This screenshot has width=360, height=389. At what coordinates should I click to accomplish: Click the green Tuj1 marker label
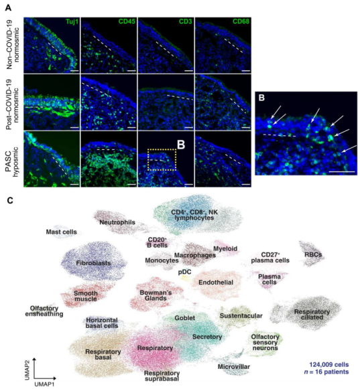(72, 21)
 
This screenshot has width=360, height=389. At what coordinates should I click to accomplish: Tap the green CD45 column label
(127, 21)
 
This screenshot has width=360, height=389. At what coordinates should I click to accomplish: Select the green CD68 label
(241, 21)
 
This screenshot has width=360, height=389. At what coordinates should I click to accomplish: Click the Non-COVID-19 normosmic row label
(13, 48)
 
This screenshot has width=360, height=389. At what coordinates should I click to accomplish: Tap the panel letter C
(10, 200)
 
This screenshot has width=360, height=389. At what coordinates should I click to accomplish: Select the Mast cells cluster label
(62, 232)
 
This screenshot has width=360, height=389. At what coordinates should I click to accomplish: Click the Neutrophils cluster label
(117, 222)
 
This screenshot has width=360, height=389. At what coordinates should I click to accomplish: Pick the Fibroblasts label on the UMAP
(93, 263)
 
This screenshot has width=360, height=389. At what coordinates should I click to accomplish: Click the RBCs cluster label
(313, 254)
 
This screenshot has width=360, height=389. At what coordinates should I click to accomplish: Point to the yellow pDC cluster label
(185, 272)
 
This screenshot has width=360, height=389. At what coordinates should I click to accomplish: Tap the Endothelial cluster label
(216, 283)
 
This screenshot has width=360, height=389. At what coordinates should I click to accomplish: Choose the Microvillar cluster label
(234, 367)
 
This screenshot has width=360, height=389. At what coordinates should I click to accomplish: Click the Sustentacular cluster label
(241, 316)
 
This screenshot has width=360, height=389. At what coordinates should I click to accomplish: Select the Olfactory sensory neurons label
(265, 343)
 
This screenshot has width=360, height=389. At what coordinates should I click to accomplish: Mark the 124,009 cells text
(329, 365)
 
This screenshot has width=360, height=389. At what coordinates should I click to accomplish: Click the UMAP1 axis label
(44, 384)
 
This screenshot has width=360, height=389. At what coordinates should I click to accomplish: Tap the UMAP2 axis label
(27, 370)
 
